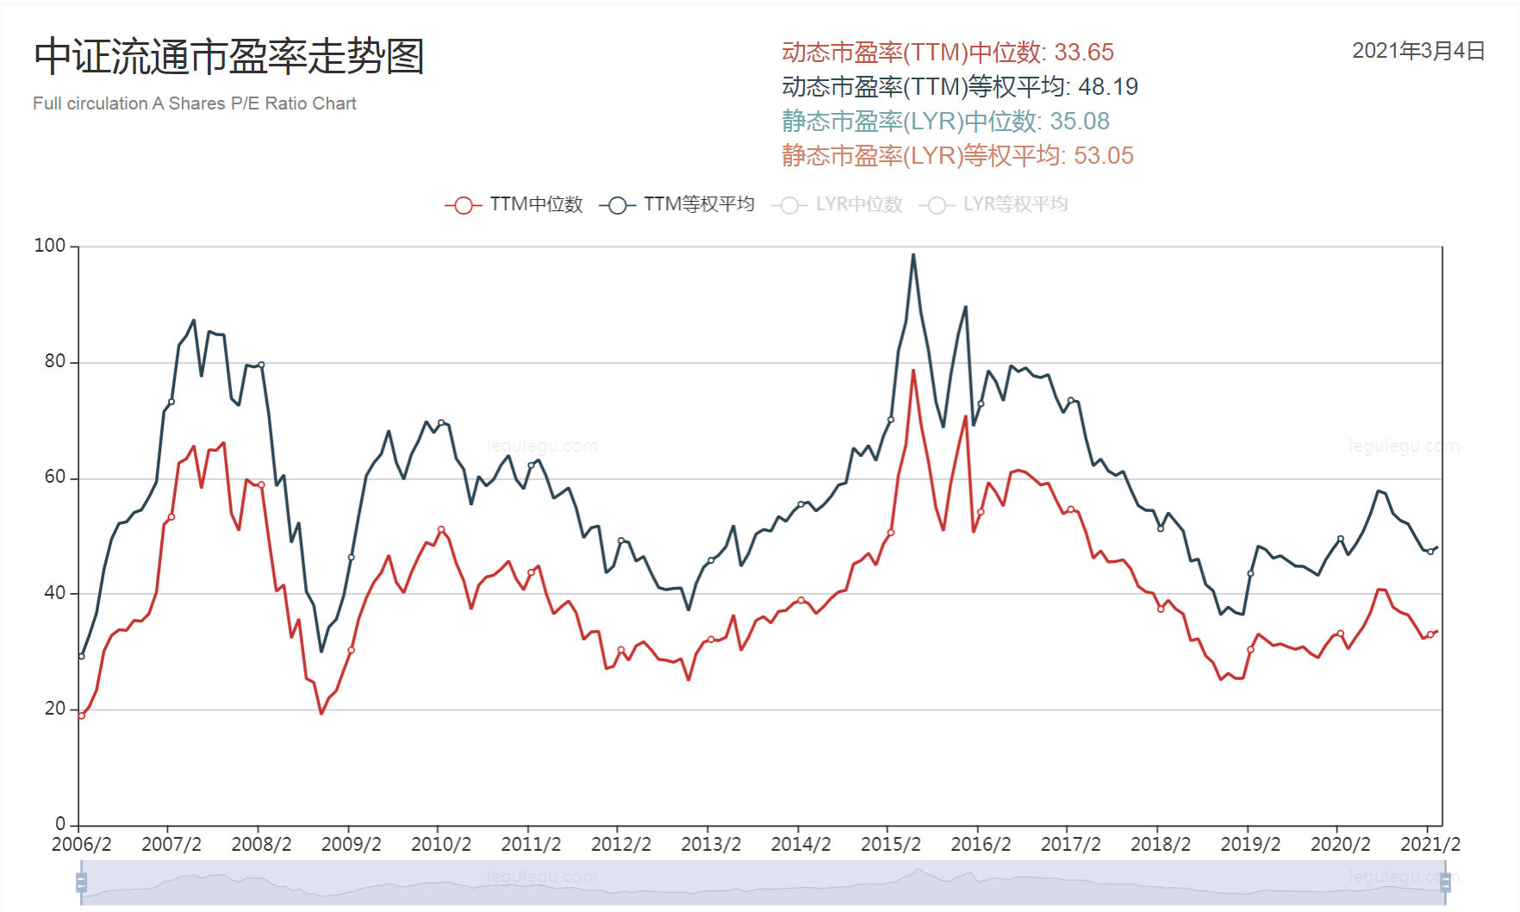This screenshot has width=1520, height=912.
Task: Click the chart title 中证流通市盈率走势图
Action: coord(229,57)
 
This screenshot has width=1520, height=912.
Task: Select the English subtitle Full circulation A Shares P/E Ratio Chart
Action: coord(195,103)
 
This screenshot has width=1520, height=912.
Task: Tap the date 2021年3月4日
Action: coord(1418,51)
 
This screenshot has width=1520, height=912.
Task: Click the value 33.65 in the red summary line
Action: coord(1084,53)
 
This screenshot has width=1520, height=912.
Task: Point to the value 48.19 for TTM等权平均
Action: coord(1108,87)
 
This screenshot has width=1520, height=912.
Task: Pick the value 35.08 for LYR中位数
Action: coord(1080,122)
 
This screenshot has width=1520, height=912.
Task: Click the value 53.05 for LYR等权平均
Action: coord(1104,156)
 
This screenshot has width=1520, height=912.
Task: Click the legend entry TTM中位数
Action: coord(515,204)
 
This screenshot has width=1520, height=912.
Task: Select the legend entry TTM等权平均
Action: coord(678,204)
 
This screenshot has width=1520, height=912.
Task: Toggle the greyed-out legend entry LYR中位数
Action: coord(838,204)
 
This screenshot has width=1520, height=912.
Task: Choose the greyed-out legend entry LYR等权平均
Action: coord(994,204)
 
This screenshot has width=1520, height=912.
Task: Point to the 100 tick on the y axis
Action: coord(50,246)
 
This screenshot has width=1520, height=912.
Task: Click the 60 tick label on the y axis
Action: coord(55,478)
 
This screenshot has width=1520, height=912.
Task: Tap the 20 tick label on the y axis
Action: coord(55,709)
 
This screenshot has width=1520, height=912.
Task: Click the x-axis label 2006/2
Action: coord(82,844)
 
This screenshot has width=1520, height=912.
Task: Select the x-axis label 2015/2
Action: coord(891,844)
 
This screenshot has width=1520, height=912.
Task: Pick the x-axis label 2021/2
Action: coord(1430,844)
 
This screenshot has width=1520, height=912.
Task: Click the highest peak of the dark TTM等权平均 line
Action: coord(913,254)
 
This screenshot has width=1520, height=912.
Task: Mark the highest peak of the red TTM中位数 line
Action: coord(913,370)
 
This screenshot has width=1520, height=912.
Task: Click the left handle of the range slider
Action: coord(82,882)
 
